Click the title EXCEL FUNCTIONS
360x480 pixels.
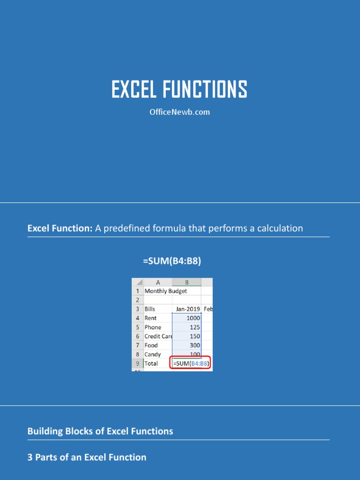179,90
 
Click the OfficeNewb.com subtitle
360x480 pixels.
179,112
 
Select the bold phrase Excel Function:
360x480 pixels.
60,228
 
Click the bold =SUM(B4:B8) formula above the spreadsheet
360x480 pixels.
172,261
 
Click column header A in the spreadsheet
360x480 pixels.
158,282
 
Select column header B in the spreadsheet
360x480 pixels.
187,282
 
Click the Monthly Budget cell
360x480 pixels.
165,291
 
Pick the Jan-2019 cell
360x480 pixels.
187,309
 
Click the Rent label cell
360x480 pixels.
151,318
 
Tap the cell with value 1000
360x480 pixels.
193,318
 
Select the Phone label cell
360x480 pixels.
153,327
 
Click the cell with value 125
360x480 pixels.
195,327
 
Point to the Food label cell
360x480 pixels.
151,345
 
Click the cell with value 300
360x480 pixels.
195,345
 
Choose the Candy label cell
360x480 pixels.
153,354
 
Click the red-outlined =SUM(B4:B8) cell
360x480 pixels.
190,364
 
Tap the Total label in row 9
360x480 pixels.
151,364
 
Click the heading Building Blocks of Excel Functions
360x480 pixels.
100,431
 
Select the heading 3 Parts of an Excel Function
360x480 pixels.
87,457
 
